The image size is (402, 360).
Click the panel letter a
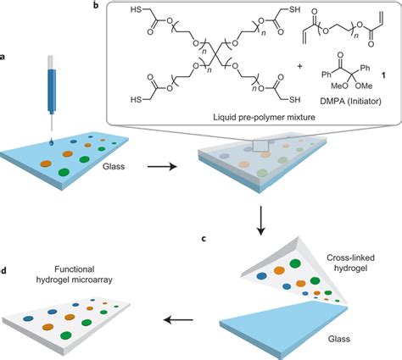(x=6, y=57)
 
